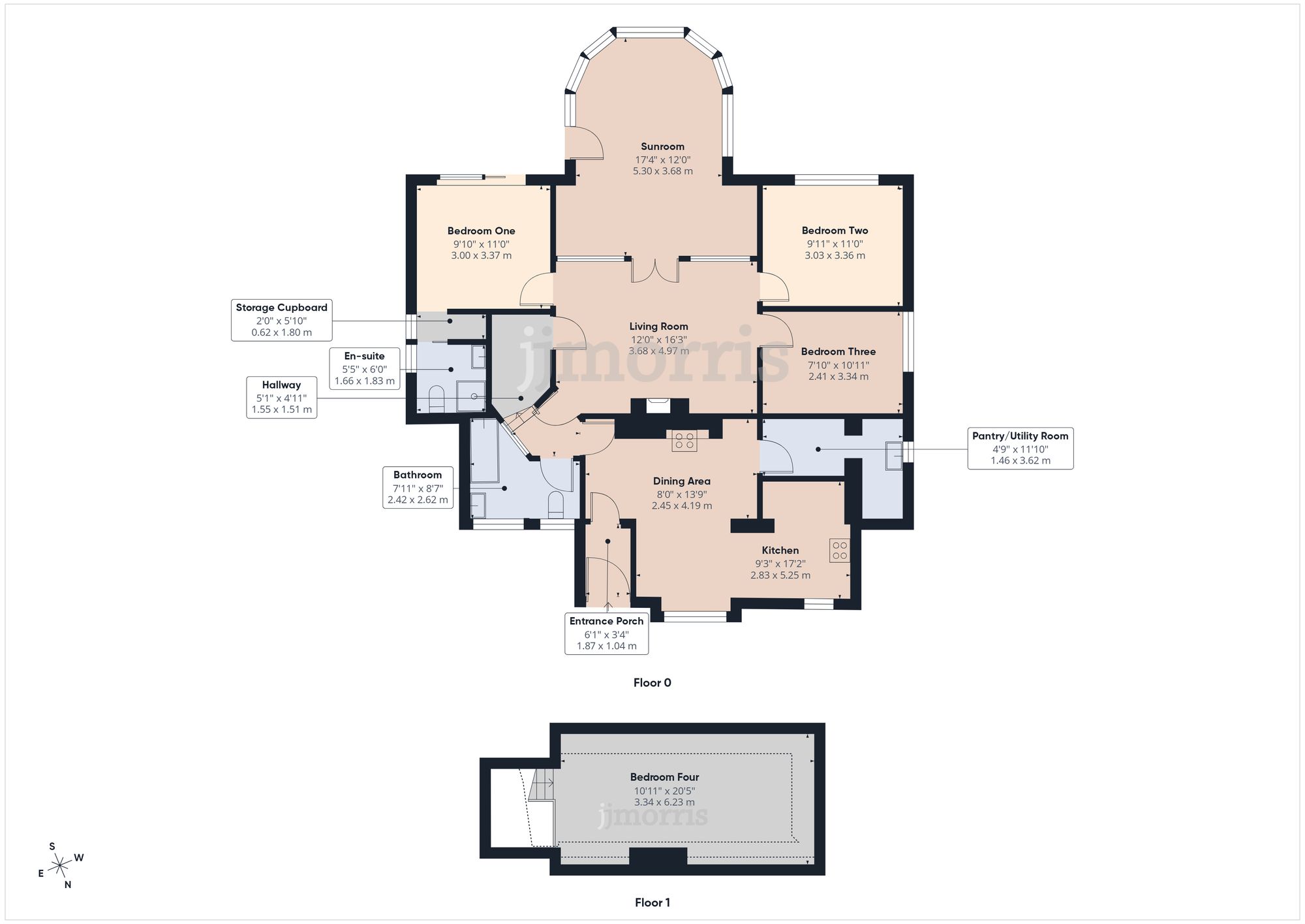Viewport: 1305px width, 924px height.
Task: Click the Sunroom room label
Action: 662,146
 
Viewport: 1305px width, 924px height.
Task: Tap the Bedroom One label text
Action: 481,231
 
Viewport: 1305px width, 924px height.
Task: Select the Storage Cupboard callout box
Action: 281,320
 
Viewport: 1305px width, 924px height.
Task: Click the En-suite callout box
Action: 364,368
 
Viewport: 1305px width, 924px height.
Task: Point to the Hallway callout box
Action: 281,397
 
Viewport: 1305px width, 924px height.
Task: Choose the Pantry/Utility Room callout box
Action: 1020,448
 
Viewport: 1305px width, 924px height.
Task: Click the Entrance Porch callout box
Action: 606,633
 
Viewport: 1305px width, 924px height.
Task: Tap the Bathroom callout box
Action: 418,487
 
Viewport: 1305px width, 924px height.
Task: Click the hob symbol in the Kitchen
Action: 839,550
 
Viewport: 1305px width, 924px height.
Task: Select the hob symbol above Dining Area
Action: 684,441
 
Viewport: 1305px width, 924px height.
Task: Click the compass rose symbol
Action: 60,866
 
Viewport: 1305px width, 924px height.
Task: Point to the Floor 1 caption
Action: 652,902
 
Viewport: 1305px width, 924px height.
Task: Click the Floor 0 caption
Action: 652,682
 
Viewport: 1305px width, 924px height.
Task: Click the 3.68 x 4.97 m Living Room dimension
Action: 658,351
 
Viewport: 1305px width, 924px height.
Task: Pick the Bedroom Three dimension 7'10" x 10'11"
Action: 838,365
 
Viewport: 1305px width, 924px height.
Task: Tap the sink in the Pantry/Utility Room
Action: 893,455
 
